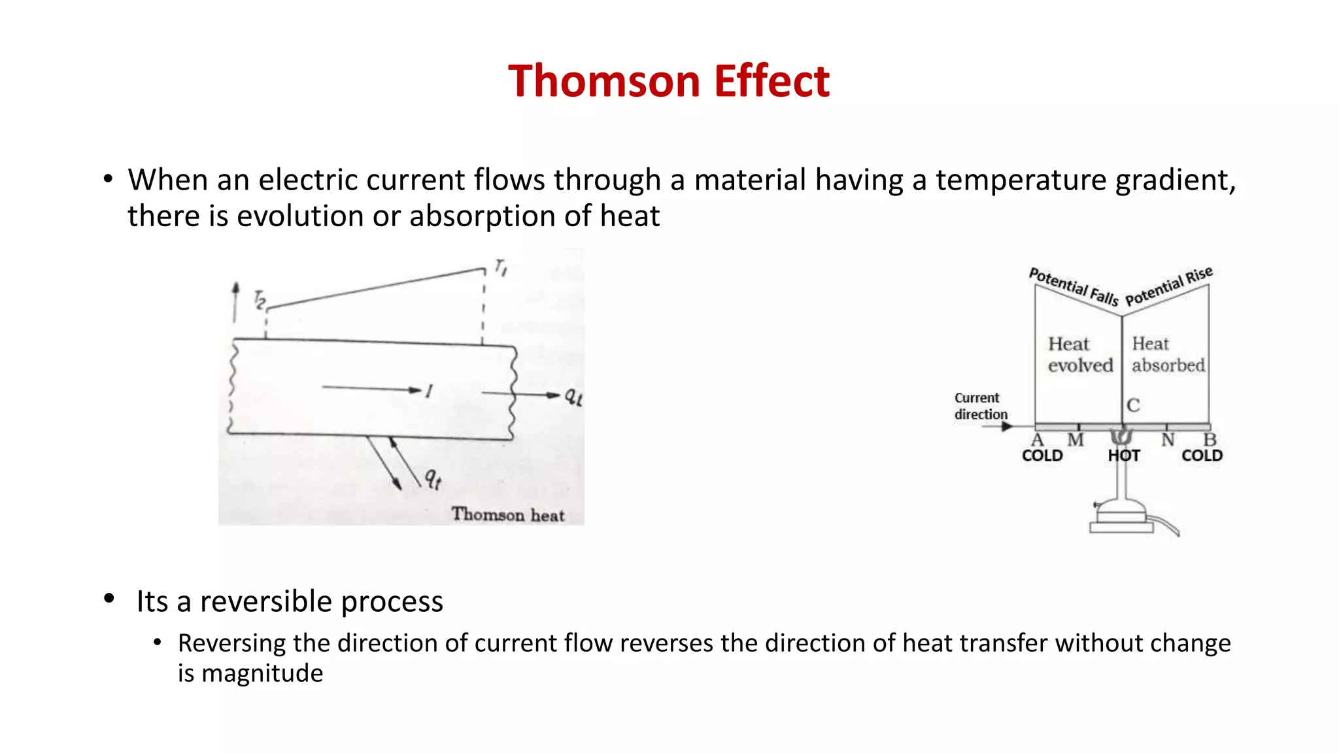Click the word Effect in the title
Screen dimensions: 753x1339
(x=771, y=81)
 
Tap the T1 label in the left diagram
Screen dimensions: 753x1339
(x=501, y=267)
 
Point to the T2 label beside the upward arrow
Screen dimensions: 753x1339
(x=260, y=300)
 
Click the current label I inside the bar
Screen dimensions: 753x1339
(x=429, y=392)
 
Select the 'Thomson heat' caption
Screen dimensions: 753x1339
(x=507, y=514)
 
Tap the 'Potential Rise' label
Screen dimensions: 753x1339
(x=1168, y=286)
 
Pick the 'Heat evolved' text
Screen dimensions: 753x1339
(x=1079, y=354)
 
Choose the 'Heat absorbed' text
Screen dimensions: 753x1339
(x=1168, y=354)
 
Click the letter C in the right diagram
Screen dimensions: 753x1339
(x=1133, y=405)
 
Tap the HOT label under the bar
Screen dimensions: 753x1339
(x=1123, y=456)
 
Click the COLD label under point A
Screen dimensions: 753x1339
(x=1042, y=456)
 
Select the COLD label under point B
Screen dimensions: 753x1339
(x=1202, y=456)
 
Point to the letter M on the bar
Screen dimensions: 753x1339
(x=1076, y=440)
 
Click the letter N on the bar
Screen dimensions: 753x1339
(x=1168, y=440)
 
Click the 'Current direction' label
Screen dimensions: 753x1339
(x=980, y=406)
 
